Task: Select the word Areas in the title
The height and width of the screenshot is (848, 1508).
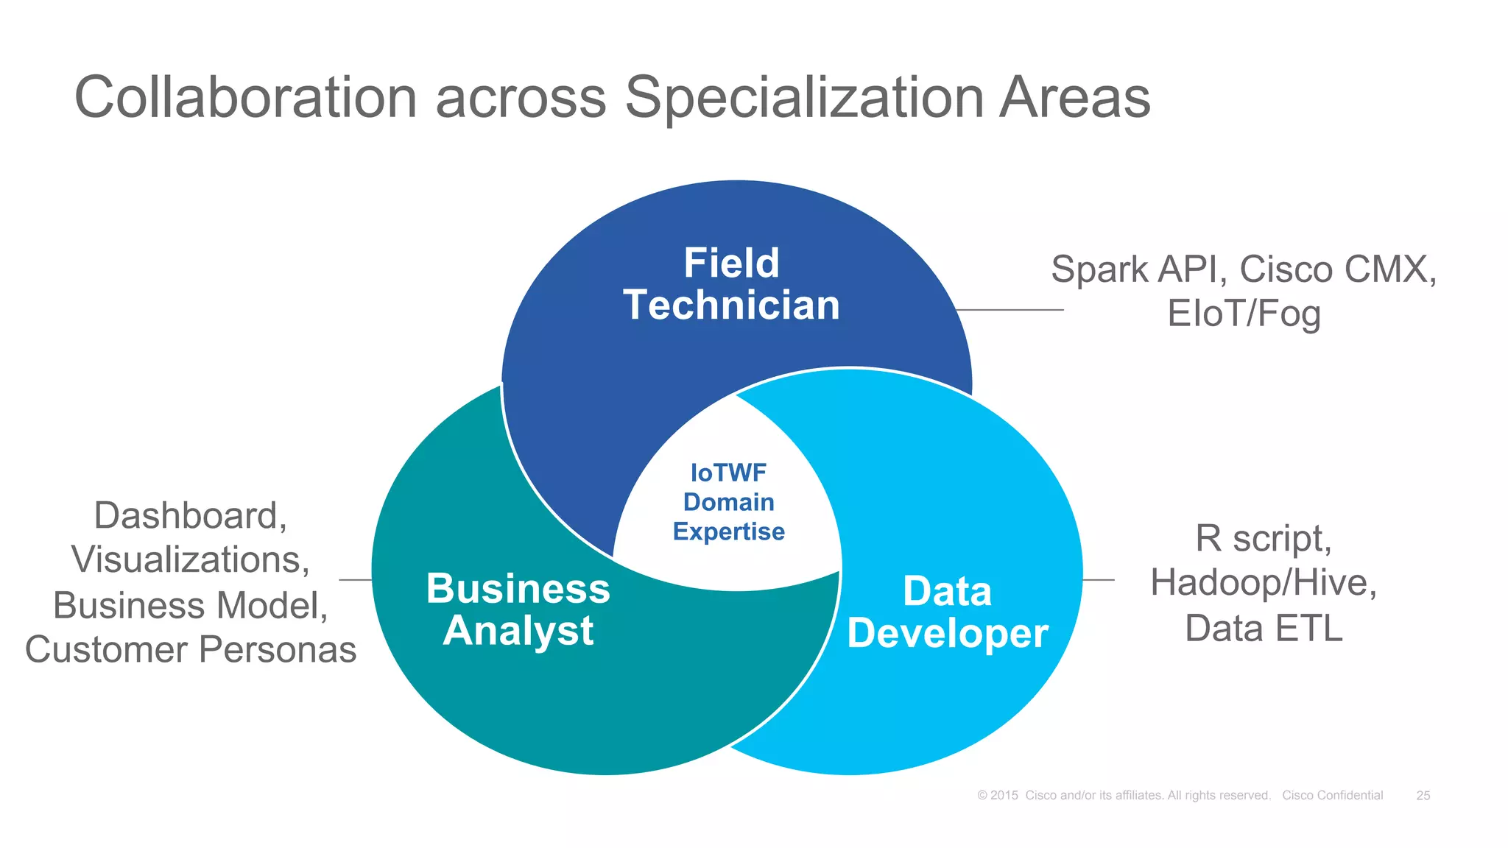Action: tap(1074, 98)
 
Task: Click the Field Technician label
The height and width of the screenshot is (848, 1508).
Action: tap(731, 284)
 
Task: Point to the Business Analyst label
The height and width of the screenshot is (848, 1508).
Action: tap(518, 609)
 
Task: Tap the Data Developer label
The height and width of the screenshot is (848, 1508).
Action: tap(948, 612)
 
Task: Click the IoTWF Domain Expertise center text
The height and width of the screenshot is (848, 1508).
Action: tap(728, 502)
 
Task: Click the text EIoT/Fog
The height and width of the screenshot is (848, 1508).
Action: tap(1244, 314)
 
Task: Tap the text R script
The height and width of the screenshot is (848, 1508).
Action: tap(1263, 538)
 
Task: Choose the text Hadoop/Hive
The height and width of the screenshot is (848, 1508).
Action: tap(1263, 583)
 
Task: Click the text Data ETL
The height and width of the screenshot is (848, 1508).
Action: tap(1264, 629)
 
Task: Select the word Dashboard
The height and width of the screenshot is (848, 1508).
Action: tap(190, 515)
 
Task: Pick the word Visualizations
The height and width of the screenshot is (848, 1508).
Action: tap(190, 560)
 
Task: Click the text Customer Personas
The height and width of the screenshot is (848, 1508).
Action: tap(190, 650)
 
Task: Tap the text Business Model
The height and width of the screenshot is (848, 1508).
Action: tap(190, 606)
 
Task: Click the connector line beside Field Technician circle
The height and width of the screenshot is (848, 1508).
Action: tap(1010, 310)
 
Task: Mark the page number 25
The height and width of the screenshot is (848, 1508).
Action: tap(1423, 796)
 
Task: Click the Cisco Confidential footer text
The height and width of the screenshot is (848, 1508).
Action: tap(1332, 796)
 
